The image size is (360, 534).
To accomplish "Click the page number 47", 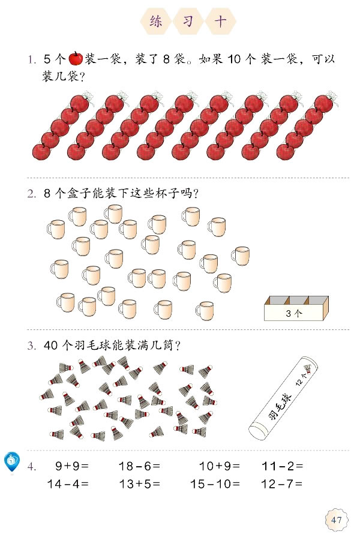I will (x=335, y=520).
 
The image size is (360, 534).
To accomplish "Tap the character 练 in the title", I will (x=156, y=22).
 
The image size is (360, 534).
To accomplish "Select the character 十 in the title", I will (x=220, y=22).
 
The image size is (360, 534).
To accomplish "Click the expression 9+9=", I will (x=71, y=465).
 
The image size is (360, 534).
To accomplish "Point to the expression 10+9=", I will (x=220, y=465).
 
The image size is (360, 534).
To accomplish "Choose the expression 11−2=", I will (x=283, y=465).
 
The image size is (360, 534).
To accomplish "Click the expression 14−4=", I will (x=68, y=484).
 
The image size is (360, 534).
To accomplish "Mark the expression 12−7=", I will (x=283, y=484).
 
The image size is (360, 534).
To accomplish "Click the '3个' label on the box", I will (x=295, y=313).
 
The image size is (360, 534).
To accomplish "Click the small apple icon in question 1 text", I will (x=76, y=58).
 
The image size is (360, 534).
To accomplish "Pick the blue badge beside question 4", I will (x=11, y=461).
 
